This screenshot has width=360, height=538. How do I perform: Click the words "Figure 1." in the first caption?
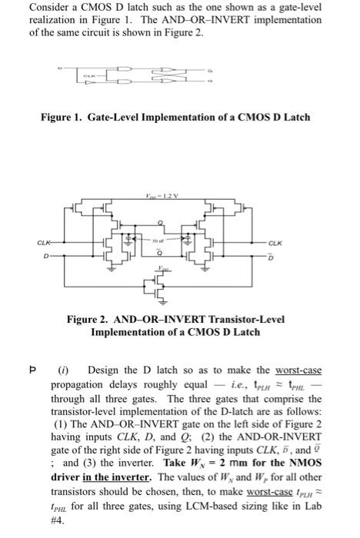click(x=64, y=118)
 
